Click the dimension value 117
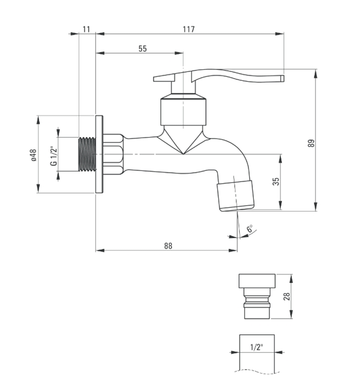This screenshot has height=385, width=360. pos(189,29)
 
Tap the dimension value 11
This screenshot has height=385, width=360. pos(86,29)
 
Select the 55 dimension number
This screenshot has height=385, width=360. pos(142,48)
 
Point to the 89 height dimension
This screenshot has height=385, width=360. pos(311,143)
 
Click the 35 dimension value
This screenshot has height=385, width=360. pos(276,182)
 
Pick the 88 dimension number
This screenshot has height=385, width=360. pos(168,245)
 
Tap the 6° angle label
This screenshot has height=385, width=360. pos(250,228)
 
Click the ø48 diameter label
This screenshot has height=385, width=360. pos(34,155)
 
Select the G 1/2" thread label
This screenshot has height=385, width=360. pos(53,156)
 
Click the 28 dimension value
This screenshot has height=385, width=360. pos(286,296)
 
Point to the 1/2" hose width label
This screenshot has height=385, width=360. pos(257,347)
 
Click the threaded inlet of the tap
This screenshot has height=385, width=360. pos(87,154)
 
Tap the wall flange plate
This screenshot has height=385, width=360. pos(99,154)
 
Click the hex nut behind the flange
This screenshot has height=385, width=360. pos(113,155)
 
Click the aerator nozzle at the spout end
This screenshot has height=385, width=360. pos(236,196)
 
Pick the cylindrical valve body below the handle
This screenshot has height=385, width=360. pos(184,112)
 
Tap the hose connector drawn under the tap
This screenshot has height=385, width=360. pos(257,296)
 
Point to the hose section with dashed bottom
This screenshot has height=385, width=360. pos(257,353)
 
